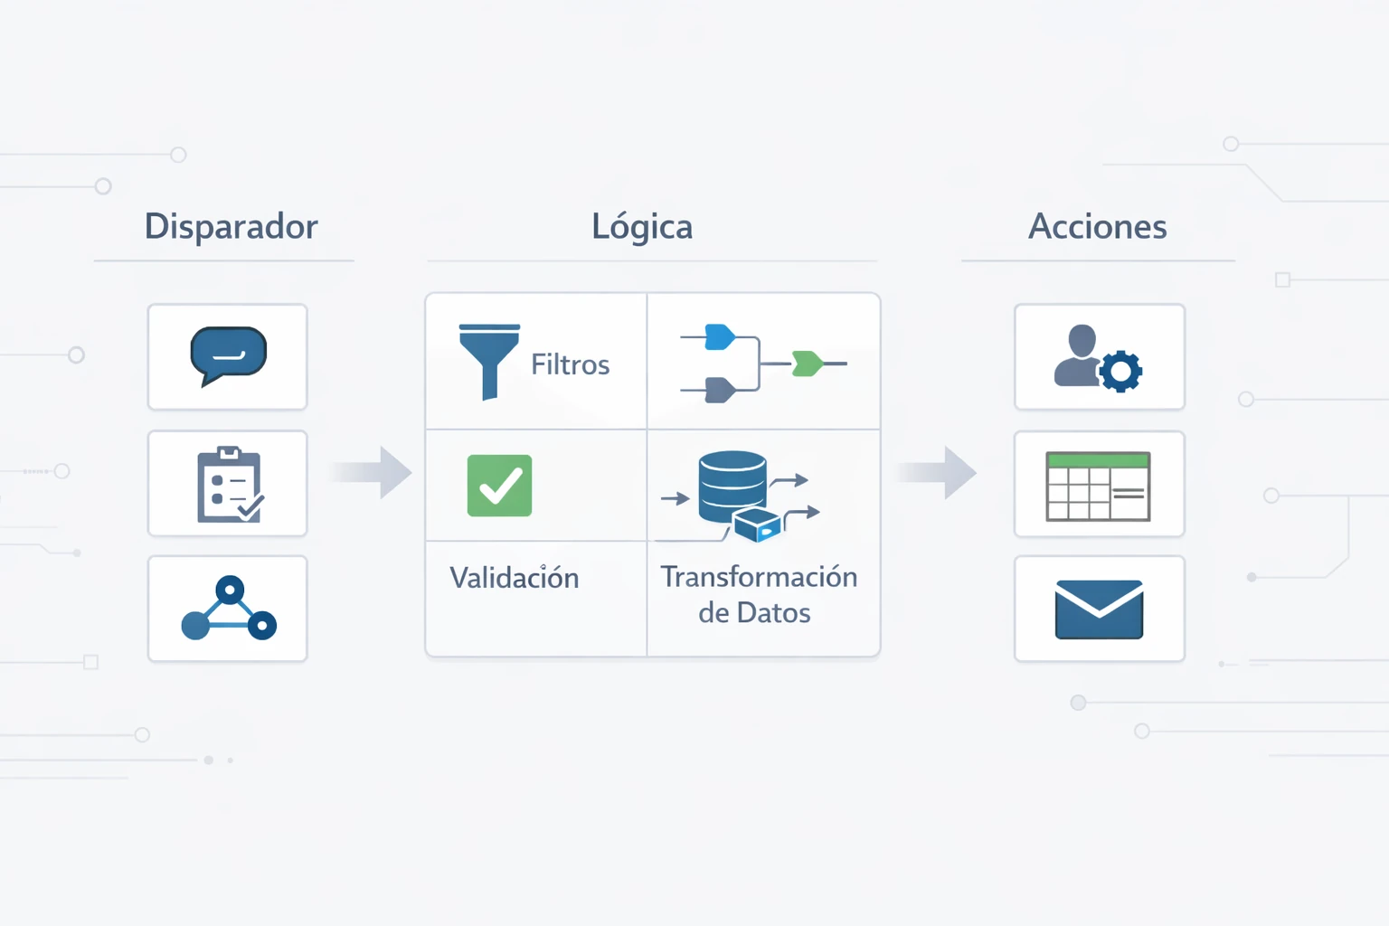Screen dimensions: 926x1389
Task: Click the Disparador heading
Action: point(231,227)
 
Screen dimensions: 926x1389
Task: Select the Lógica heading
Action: point(642,227)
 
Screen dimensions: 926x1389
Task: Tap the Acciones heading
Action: point(1097,227)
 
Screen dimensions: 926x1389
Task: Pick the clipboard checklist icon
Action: point(229,485)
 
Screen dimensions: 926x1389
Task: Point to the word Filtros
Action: point(570,364)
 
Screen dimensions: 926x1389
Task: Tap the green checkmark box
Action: point(499,486)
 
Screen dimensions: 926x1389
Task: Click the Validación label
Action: point(514,578)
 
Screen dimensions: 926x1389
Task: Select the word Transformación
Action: point(759,577)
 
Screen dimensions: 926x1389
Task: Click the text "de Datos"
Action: point(754,613)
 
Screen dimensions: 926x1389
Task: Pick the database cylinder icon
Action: point(732,486)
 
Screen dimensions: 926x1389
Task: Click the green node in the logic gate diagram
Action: point(807,364)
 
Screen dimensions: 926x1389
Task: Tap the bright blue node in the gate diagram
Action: point(720,336)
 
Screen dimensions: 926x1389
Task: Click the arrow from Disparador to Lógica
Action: point(373,471)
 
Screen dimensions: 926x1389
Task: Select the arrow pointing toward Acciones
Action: point(938,471)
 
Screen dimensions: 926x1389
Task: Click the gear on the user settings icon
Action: point(1121,371)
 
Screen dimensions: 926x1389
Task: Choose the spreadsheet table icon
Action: point(1098,487)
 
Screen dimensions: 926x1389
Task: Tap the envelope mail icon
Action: point(1099,609)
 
